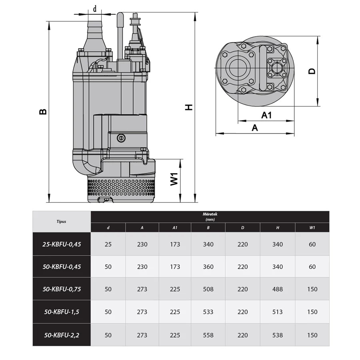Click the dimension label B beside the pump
[43, 111]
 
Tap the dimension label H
[189, 107]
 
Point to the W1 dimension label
[174, 179]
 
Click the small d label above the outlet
[94, 9]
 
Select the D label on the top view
[312, 71]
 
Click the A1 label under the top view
[266, 115]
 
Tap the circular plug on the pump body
[121, 138]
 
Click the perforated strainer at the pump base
[121, 187]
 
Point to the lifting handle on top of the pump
[120, 36]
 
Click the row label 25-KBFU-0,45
[62, 244]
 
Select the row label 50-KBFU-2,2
[62, 335]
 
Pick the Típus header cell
[61, 222]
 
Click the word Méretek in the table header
[210, 214]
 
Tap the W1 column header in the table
[312, 228]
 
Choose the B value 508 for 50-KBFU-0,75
[208, 289]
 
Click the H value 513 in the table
[277, 312]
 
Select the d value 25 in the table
[108, 244]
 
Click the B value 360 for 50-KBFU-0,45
[208, 267]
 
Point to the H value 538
[277, 335]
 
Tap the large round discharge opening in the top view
[238, 68]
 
